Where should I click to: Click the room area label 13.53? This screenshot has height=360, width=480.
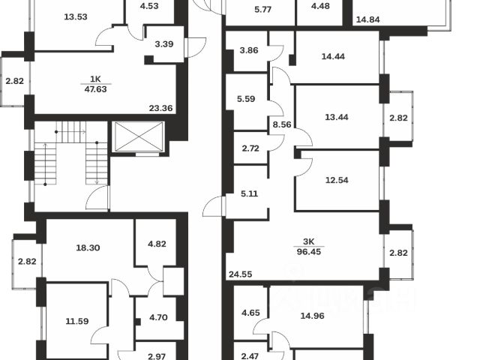[76, 16]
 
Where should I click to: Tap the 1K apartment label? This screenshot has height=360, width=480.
[95, 79]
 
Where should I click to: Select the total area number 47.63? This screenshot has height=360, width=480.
[95, 88]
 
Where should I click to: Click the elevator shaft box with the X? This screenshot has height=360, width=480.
[136, 138]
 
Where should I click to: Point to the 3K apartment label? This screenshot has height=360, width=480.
[308, 241]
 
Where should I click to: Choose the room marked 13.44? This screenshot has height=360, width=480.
[337, 117]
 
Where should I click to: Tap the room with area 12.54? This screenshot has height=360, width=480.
[337, 181]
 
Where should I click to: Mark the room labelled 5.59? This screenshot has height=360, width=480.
[244, 97]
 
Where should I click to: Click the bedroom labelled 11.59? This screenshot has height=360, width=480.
[77, 321]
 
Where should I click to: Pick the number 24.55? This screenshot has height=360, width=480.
[239, 274]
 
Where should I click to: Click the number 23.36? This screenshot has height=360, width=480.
[160, 108]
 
